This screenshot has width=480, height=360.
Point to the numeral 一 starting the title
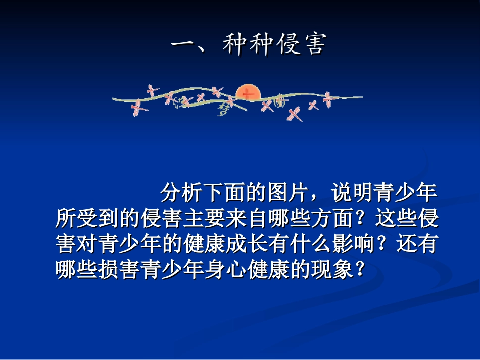pos(184,45)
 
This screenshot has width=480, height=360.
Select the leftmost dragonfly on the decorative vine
pos(136,107)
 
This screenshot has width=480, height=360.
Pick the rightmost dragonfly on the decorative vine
pos(329,98)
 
